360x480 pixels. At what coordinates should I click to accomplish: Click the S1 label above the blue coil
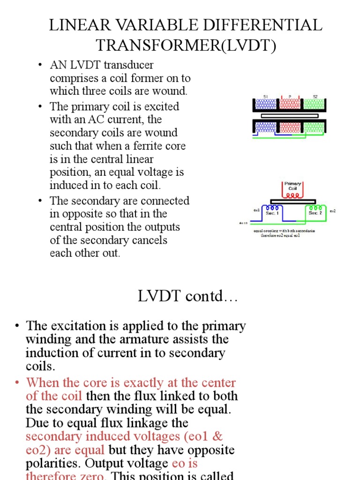pyautogui.click(x=265, y=96)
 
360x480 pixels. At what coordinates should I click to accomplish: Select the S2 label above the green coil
pyautogui.click(x=315, y=96)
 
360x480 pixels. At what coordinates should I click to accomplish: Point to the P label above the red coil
pyautogui.click(x=290, y=96)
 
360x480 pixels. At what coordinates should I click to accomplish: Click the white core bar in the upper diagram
pyautogui.click(x=290, y=115)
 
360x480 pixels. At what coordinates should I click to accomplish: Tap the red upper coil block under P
pyautogui.click(x=290, y=105)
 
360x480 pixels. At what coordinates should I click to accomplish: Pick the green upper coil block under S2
pyautogui.click(x=315, y=105)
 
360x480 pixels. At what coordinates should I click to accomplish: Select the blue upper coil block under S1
pyautogui.click(x=265, y=105)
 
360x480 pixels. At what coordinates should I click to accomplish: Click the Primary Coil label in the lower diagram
pyautogui.click(x=292, y=186)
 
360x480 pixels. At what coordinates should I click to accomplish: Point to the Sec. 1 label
pyautogui.click(x=272, y=213)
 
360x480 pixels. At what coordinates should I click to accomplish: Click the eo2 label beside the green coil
pyautogui.click(x=332, y=211)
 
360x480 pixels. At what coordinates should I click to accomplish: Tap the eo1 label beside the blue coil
pyautogui.click(x=256, y=210)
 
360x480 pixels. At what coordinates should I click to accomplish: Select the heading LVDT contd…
pyautogui.click(x=187, y=296)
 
